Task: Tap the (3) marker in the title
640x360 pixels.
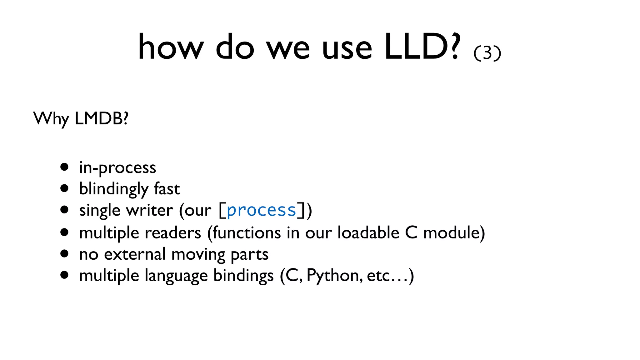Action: point(487,53)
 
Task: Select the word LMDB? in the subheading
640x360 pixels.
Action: point(102,119)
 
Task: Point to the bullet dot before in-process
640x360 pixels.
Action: point(64,167)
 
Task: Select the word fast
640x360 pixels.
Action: point(167,189)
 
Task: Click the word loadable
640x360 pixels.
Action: point(368,233)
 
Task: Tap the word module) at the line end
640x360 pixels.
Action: point(454,233)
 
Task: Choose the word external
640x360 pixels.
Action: point(135,254)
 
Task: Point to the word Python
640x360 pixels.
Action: point(334,276)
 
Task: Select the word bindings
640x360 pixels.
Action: point(243,276)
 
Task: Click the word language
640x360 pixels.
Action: point(176,276)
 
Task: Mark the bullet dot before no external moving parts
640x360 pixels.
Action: point(64,254)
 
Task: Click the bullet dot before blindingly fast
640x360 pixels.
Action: point(64,188)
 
